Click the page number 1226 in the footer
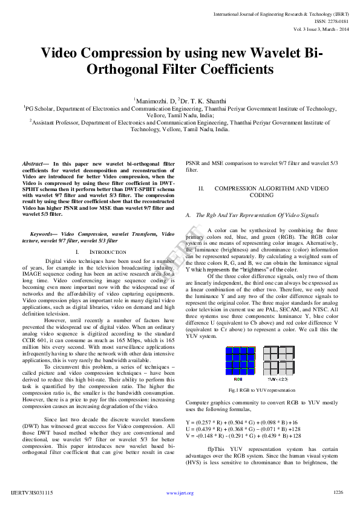coord(338,493)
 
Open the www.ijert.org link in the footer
coord(180,493)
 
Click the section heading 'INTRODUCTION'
coord(108,251)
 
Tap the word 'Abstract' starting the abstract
coord(33,164)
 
